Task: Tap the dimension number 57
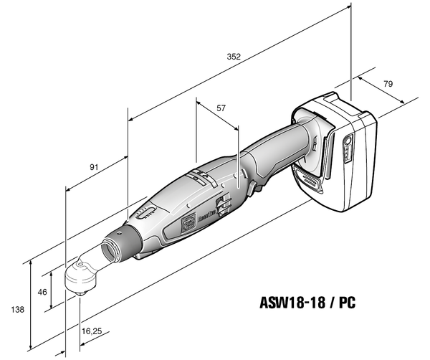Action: (x=221, y=108)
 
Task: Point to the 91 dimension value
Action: (x=94, y=167)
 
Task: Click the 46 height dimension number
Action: (x=42, y=292)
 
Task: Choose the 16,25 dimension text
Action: (x=92, y=332)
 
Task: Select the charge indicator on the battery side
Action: (x=348, y=150)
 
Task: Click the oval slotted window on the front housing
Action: (x=145, y=213)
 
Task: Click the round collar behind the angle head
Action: (x=114, y=247)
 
